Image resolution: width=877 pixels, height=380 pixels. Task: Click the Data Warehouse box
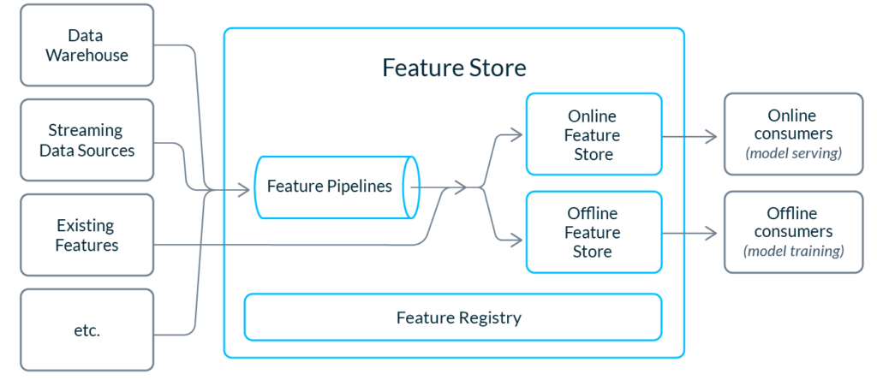tap(87, 45)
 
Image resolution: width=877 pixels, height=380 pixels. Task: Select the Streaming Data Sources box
tap(87, 140)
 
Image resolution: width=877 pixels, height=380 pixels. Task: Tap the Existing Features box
tap(87, 235)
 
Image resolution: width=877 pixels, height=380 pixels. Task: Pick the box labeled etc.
tap(87, 330)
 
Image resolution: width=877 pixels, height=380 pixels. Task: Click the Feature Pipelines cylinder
tap(337, 187)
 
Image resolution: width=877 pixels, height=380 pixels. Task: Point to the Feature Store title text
tap(454, 68)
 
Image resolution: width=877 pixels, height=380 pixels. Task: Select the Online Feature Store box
tap(594, 134)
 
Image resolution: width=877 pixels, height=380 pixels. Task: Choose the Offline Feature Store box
tap(594, 232)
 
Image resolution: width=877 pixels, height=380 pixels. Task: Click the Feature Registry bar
tap(453, 318)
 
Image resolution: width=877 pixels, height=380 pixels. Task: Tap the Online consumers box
tap(793, 134)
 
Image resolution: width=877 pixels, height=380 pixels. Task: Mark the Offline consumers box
tap(793, 232)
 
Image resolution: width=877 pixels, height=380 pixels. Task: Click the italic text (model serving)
tap(793, 153)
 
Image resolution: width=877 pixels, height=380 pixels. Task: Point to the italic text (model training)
tap(793, 251)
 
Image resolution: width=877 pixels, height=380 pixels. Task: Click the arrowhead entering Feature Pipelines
tap(244, 191)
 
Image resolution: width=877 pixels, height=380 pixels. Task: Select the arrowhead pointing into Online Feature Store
tap(516, 134)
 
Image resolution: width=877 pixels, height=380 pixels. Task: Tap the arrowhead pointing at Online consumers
tap(712, 135)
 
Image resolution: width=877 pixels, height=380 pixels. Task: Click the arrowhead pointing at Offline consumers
tap(712, 233)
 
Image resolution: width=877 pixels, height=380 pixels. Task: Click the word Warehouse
tap(87, 56)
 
